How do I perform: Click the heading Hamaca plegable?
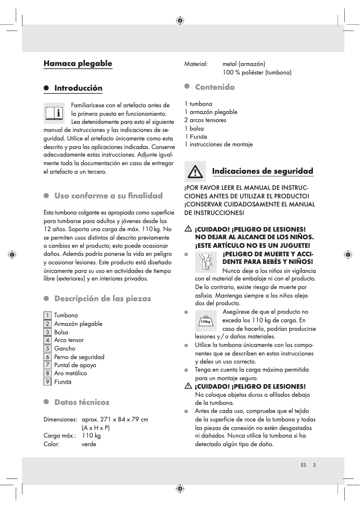78,63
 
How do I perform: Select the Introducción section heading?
78,88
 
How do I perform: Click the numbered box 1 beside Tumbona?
47,316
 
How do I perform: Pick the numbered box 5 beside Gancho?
47,348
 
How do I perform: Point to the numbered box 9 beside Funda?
47,382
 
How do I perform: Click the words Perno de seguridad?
79,357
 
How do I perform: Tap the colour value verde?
89,444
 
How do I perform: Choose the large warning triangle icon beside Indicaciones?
195,171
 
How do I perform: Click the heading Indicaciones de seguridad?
262,171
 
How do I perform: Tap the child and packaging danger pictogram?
206,262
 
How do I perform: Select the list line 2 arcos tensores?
205,120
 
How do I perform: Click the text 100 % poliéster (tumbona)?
257,72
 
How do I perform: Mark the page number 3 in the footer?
314,465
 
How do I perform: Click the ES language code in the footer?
303,465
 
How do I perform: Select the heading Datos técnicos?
82,402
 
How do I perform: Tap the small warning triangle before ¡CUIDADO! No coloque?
188,386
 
